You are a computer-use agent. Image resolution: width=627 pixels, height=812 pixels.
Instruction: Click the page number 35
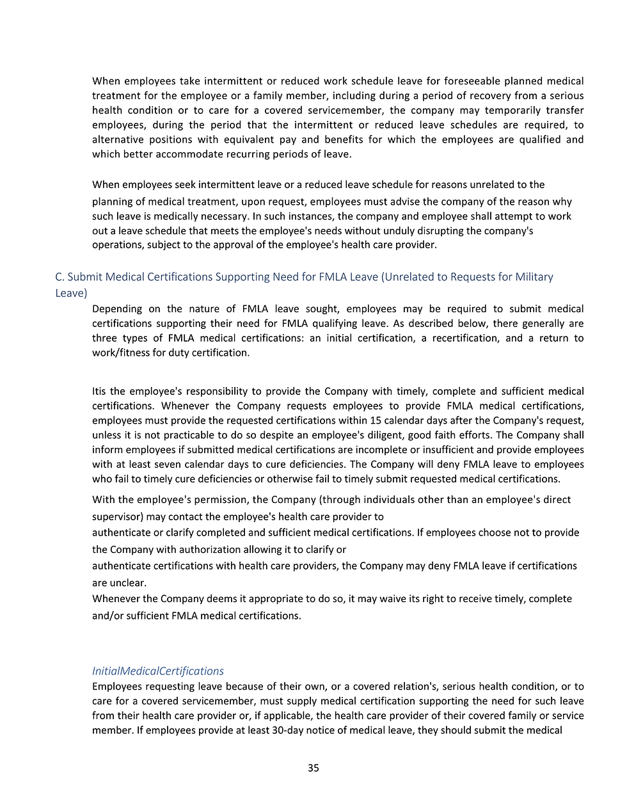313,768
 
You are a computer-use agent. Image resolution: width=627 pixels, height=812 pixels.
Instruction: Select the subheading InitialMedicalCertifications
158,671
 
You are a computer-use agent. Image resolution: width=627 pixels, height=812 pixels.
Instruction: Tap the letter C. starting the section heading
60,276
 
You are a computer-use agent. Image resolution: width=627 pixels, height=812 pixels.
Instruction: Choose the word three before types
105,338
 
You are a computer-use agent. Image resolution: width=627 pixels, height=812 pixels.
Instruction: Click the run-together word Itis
99,391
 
